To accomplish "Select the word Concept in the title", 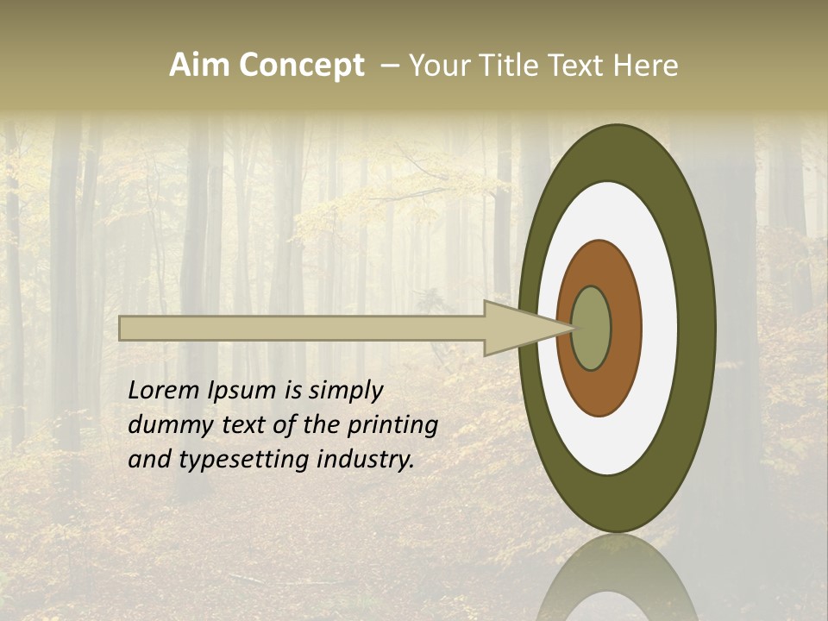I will click(301, 66).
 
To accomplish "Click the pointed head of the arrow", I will click(517, 329).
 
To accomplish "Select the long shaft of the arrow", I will click(302, 329).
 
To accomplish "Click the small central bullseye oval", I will click(592, 329).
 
